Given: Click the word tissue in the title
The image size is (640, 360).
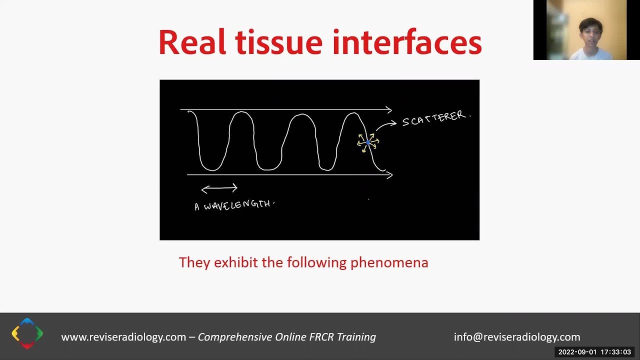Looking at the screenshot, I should (278, 42).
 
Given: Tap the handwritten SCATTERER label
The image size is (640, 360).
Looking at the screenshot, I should (435, 119).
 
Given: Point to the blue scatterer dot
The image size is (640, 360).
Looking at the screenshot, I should (368, 143).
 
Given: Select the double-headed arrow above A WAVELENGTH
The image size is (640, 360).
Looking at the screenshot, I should (219, 188).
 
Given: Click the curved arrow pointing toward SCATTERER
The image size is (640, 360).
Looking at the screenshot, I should (385, 125).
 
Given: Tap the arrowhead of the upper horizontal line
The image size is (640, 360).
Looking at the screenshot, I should (389, 109).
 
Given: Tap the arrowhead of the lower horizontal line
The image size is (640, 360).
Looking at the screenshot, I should (389, 174).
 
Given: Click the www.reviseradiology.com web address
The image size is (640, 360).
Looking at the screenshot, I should (123, 337).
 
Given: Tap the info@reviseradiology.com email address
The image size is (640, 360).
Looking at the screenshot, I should (517, 337).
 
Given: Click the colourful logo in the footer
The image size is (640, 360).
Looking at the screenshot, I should (27, 333).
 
